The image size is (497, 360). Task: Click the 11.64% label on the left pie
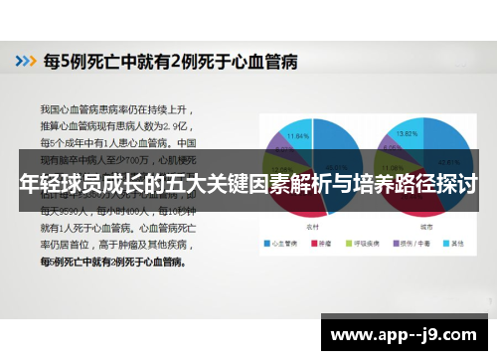pos(298,134)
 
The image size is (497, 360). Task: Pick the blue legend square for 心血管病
pos(266,242)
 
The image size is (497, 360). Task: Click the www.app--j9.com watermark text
pos(407,333)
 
